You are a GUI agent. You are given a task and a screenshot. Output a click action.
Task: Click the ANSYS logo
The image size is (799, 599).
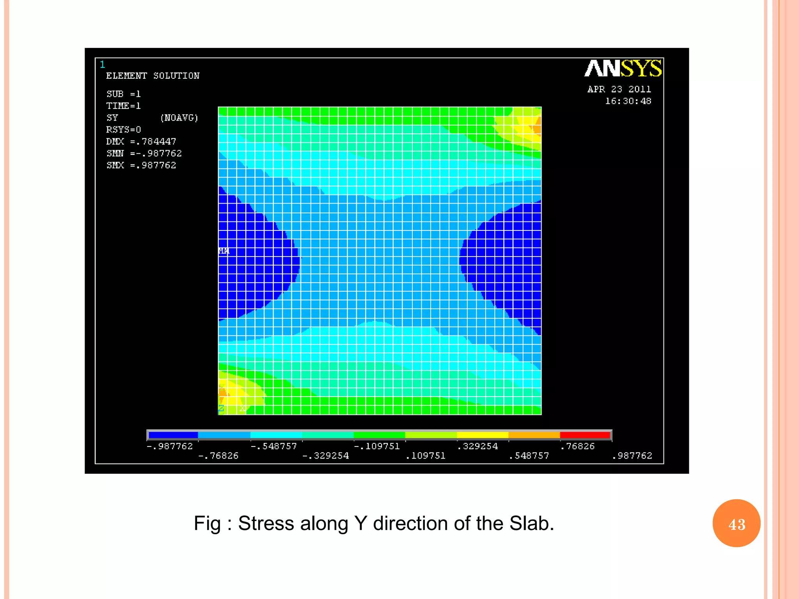pyautogui.click(x=623, y=68)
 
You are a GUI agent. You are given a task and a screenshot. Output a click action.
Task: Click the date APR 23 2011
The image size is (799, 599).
pyautogui.click(x=619, y=89)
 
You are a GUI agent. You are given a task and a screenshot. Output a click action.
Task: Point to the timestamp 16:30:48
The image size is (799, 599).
pyautogui.click(x=628, y=101)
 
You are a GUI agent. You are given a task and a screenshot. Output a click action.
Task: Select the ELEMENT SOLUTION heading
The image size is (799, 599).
pyautogui.click(x=153, y=76)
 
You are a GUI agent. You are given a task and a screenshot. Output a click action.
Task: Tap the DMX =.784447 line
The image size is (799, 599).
pyautogui.click(x=141, y=142)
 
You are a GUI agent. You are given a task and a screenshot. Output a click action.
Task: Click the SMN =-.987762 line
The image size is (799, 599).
pyautogui.click(x=144, y=154)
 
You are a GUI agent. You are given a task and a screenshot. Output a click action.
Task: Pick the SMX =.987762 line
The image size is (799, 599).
pyautogui.click(x=141, y=165)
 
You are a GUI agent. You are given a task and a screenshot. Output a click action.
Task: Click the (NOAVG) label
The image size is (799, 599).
pyautogui.click(x=179, y=118)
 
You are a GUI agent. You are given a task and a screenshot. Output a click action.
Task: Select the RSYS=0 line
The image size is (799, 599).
pyautogui.click(x=123, y=129)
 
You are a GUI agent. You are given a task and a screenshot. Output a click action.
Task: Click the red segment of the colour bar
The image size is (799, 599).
pyautogui.click(x=585, y=435)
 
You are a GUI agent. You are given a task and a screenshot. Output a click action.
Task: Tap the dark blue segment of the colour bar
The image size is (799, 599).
pyautogui.click(x=173, y=435)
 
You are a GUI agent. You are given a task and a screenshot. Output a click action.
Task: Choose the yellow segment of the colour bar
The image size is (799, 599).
pyautogui.click(x=482, y=435)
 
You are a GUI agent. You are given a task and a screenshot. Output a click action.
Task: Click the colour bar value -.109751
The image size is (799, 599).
pyautogui.click(x=377, y=446)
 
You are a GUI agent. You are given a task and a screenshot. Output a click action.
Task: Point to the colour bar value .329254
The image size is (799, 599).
pyautogui.click(x=478, y=446)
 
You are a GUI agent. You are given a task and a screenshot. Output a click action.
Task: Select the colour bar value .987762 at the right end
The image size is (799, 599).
pyautogui.click(x=632, y=455)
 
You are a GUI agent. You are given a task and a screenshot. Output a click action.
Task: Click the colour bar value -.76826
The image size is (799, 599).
pyautogui.click(x=218, y=455)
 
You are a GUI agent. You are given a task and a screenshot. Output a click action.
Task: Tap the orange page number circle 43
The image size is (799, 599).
pyautogui.click(x=736, y=523)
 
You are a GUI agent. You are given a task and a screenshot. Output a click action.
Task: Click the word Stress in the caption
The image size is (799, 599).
pyautogui.click(x=266, y=523)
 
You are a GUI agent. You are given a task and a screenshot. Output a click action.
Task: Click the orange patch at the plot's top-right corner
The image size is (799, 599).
pyautogui.click(x=537, y=129)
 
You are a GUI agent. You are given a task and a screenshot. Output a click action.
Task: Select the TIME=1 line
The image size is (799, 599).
pyautogui.click(x=123, y=106)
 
